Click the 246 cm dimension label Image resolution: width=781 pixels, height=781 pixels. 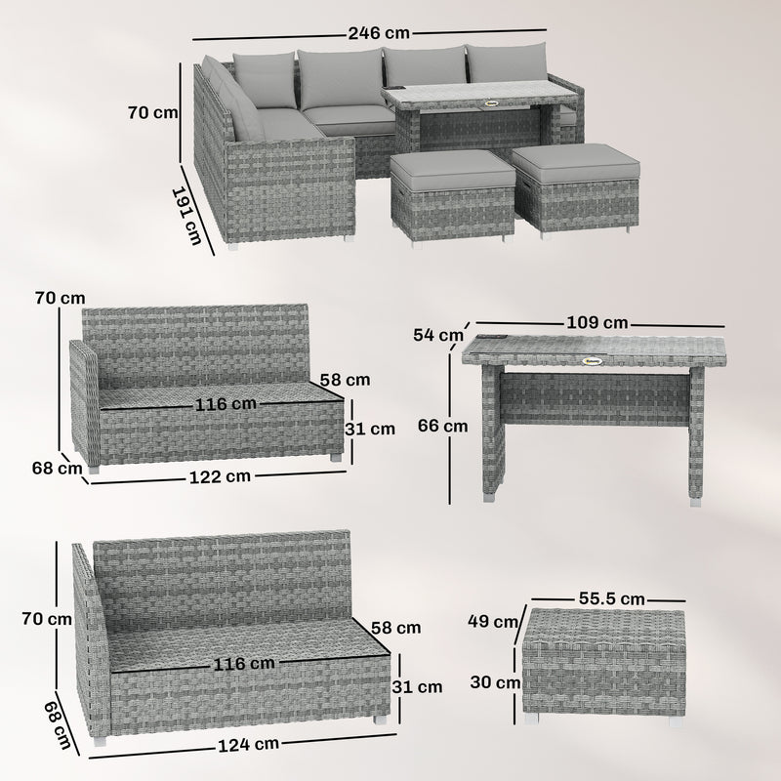coord(369,32)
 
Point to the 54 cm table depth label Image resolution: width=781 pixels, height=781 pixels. coord(437,335)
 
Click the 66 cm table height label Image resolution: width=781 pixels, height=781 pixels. coord(441,426)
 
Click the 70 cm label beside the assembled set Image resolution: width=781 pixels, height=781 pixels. coord(152,112)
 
